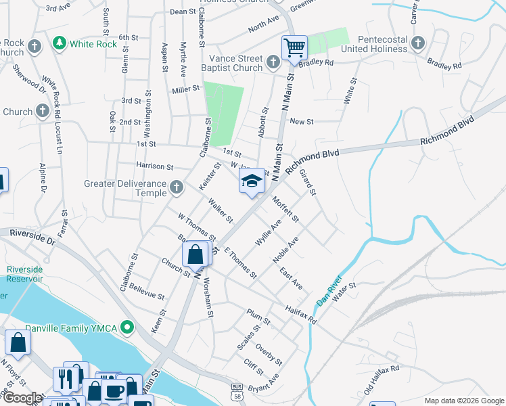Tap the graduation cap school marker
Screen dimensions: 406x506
pos(252,181)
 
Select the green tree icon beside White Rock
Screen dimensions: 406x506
pos(60,44)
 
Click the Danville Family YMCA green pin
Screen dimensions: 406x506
pos(125,329)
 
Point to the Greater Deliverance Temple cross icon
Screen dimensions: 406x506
pos(176,187)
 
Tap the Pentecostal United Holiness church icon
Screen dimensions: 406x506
pos(418,45)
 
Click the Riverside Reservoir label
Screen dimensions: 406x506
pos(25,274)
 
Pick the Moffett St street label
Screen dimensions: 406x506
pos(285,209)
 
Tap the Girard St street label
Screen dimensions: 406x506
pos(308,183)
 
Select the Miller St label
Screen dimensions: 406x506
pos(186,89)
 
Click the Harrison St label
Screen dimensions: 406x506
pos(155,166)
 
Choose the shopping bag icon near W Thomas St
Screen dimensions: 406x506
pos(195,256)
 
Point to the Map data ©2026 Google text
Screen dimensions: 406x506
pos(463,400)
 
